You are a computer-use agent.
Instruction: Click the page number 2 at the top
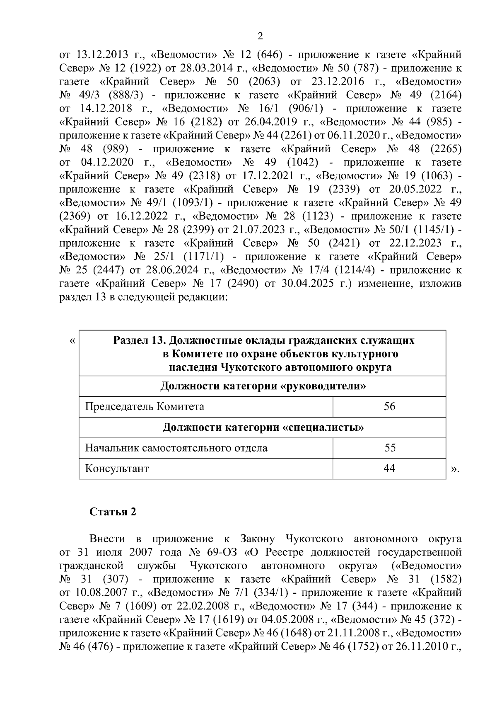click(260, 36)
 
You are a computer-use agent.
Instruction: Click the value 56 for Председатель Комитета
click(389, 406)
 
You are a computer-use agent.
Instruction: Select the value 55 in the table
click(390, 448)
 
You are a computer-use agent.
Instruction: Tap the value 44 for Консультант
click(389, 469)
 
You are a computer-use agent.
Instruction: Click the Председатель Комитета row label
click(145, 406)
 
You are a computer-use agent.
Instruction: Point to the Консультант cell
click(117, 469)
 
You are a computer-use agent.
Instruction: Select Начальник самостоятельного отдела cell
click(176, 448)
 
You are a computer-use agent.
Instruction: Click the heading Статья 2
click(113, 512)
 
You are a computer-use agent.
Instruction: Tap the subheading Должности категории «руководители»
click(263, 386)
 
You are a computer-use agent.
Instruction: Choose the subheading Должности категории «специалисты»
click(263, 427)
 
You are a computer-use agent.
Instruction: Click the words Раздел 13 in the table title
click(139, 341)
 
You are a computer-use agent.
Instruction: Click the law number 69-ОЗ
click(224, 552)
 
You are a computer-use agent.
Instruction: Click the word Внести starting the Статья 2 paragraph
click(107, 539)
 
